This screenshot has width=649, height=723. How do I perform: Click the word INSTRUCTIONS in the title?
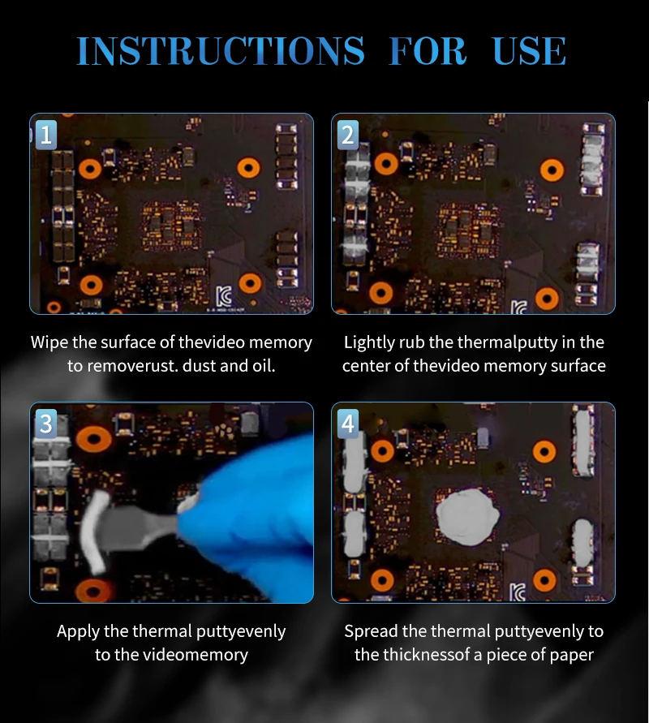221,51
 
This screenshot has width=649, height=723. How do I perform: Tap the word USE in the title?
529,51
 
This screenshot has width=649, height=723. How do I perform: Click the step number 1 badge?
46,135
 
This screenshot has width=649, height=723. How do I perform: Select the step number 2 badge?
348,135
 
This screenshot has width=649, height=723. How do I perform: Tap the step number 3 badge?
46,424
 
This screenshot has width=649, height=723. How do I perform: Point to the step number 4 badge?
348,424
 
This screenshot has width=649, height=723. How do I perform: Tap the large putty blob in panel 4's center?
467,516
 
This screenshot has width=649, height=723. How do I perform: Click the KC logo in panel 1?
224,296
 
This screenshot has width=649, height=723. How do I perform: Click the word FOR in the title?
428,51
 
